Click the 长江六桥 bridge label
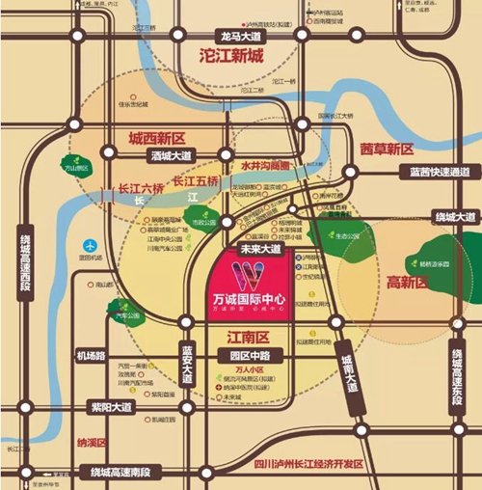point(116,190)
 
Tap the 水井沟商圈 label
point(267,164)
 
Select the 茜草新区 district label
point(387,150)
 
